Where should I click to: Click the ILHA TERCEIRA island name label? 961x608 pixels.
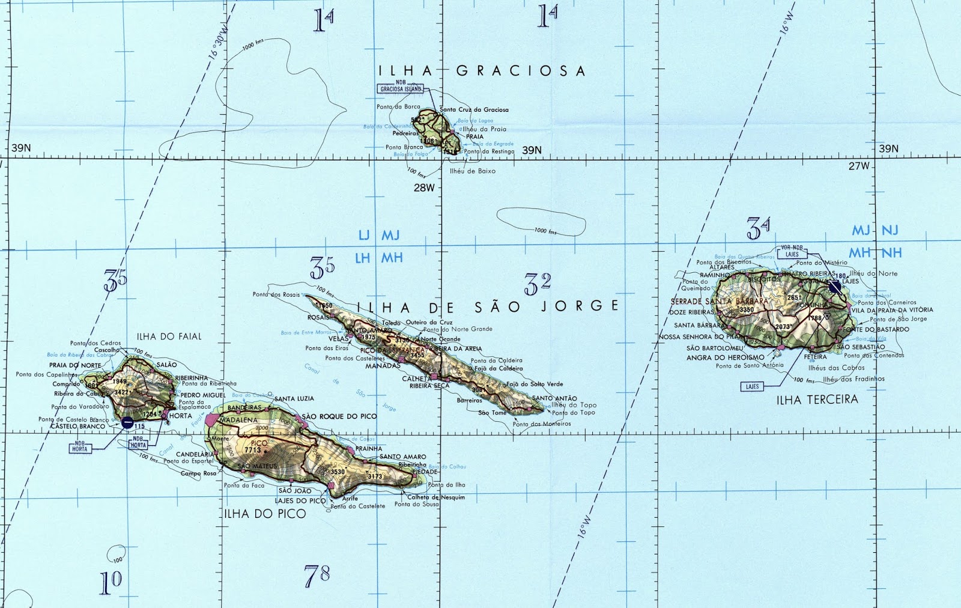click(x=817, y=400)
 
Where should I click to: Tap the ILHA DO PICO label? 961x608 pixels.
click(x=265, y=514)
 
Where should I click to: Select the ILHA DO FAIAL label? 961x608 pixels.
click(x=169, y=336)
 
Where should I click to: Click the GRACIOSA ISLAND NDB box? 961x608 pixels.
click(x=401, y=89)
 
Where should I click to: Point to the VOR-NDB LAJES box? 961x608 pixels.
click(x=792, y=251)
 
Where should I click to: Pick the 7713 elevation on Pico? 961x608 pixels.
click(x=253, y=450)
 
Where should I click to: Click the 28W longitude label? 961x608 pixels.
click(x=423, y=188)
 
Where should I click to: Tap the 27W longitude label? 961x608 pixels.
click(x=859, y=166)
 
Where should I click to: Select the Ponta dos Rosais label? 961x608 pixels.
click(x=276, y=294)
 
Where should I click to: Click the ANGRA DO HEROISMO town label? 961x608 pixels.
click(x=726, y=357)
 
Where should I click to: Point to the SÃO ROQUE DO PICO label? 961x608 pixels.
click(x=339, y=416)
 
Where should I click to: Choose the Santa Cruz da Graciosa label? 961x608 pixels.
click(x=474, y=110)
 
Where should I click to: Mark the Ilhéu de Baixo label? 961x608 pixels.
click(x=473, y=171)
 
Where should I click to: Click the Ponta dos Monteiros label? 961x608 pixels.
click(x=542, y=424)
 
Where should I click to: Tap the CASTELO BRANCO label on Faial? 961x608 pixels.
click(x=77, y=427)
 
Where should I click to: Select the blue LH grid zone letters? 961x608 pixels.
click(x=362, y=258)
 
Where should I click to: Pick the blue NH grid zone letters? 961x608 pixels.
click(x=891, y=253)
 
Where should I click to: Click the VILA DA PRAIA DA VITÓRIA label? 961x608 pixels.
click(x=892, y=310)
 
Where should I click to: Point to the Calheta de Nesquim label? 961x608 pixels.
click(x=436, y=497)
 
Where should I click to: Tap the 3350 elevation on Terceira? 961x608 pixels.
click(x=746, y=310)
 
